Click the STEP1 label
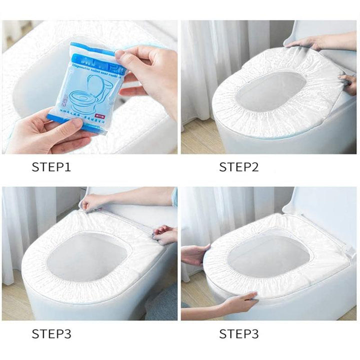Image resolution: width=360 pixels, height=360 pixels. [x=51, y=167]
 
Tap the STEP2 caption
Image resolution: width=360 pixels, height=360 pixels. [x=239, y=167]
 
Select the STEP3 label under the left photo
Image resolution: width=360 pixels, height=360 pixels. [x=51, y=333]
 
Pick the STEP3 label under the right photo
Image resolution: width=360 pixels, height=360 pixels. [x=239, y=333]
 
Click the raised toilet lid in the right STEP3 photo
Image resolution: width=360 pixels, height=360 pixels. [x=325, y=210]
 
